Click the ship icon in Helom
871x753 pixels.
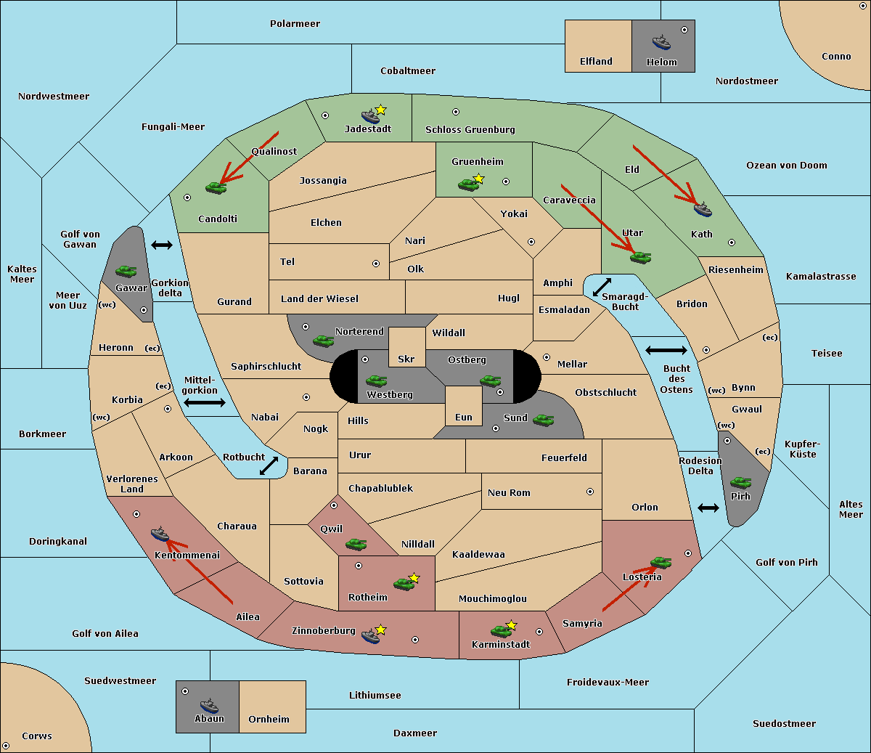click(661, 41)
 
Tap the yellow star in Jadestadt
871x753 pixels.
click(380, 110)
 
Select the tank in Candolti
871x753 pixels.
click(216, 187)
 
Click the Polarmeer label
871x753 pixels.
click(295, 24)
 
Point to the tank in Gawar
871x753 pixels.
click(126, 272)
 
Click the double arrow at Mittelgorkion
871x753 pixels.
click(204, 402)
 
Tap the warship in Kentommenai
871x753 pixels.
click(160, 534)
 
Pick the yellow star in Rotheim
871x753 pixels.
click(414, 578)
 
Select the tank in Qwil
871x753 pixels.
click(356, 544)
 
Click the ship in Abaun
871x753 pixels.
click(209, 705)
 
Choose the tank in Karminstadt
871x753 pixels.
click(500, 631)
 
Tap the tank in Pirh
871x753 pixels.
click(740, 483)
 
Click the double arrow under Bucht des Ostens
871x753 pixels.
click(666, 351)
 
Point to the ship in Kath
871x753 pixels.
click(702, 209)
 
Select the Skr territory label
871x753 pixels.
click(406, 359)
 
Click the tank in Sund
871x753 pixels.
click(543, 420)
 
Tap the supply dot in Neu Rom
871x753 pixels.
click(590, 492)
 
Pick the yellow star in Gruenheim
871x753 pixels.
click(478, 179)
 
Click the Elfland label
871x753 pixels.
click(596, 62)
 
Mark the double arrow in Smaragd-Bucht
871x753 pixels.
click(602, 287)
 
